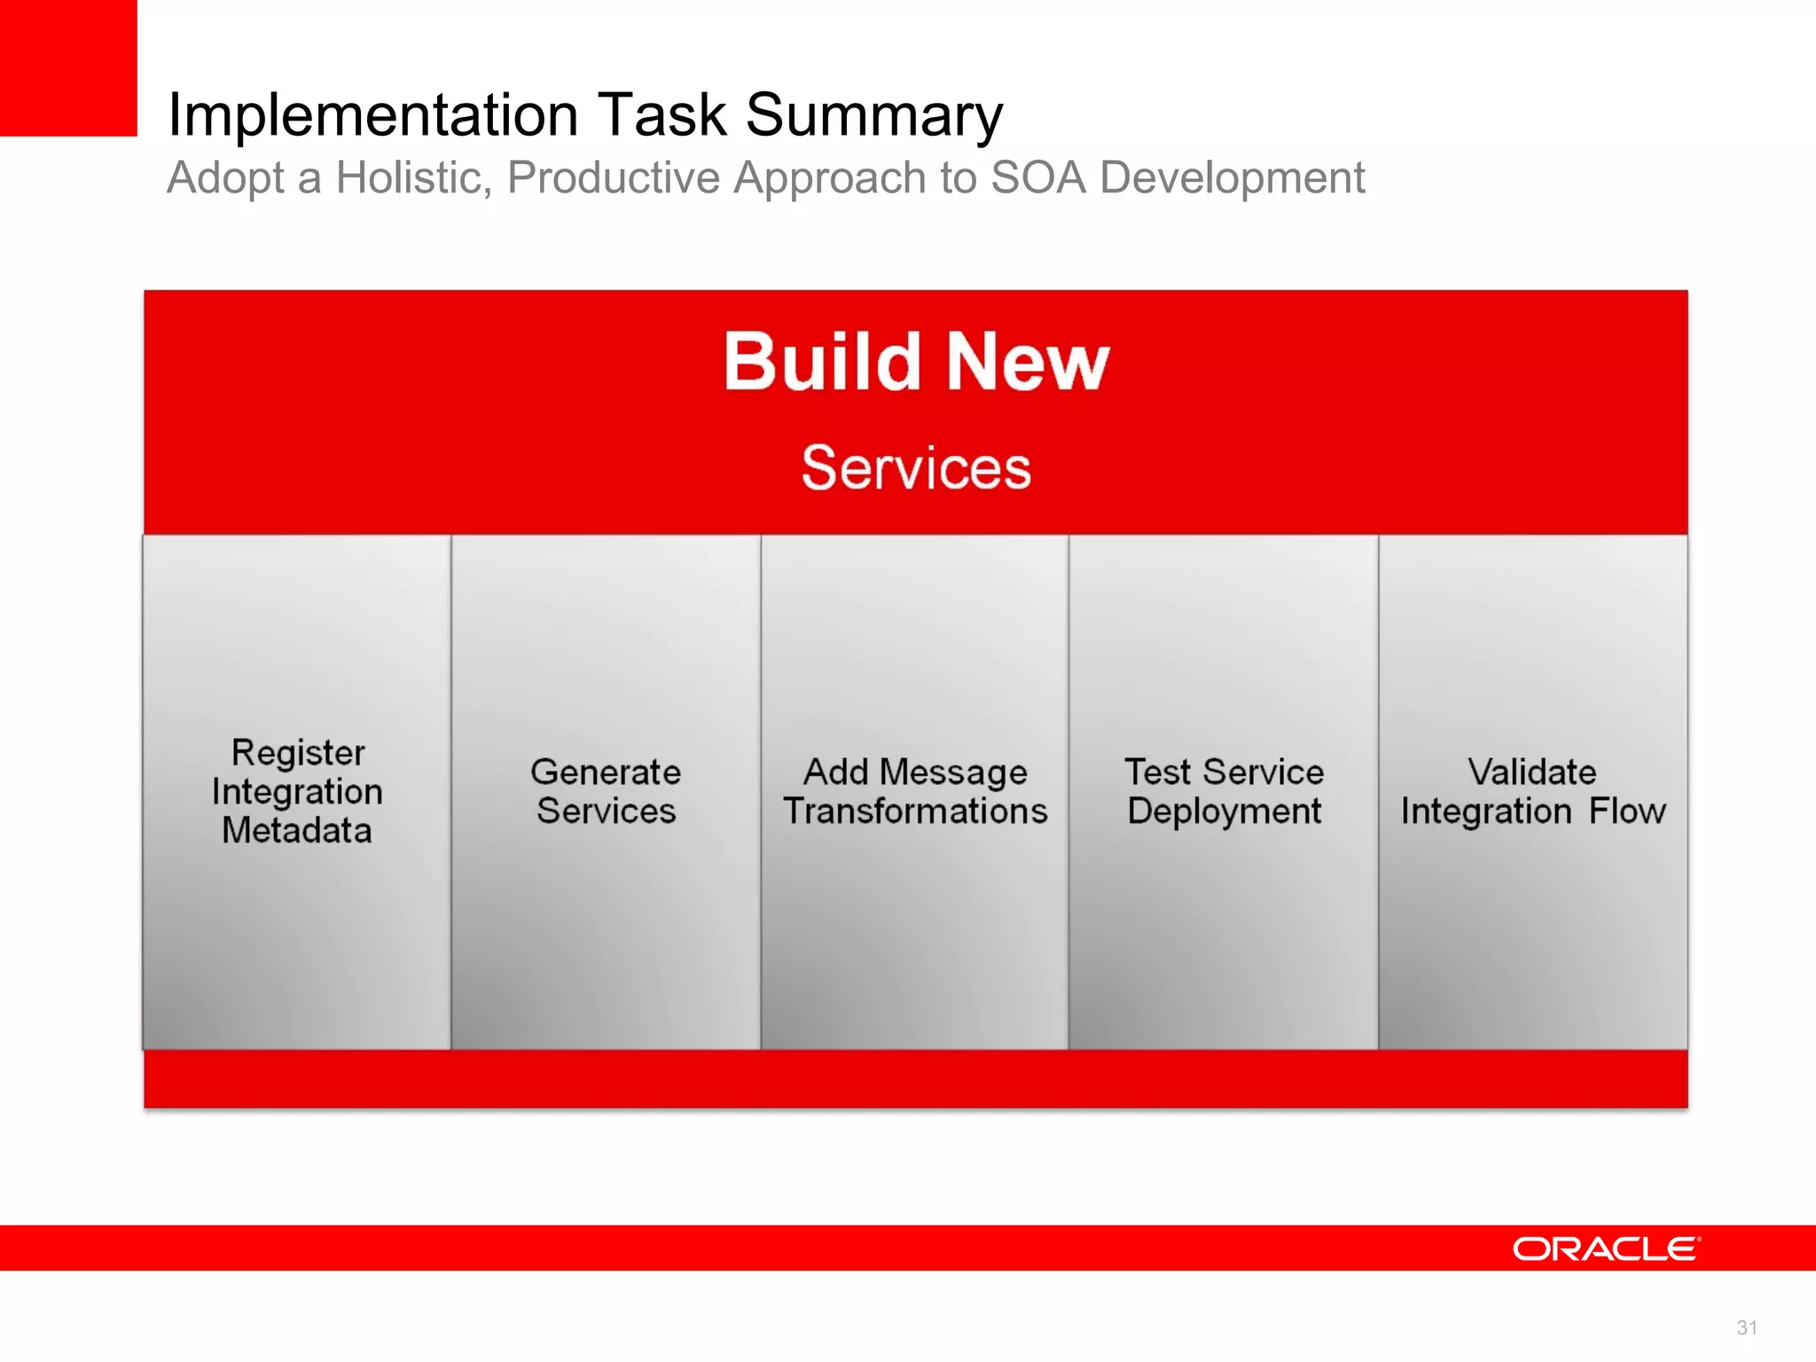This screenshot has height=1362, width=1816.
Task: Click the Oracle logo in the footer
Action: [1606, 1248]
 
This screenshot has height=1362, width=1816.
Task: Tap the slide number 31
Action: [1746, 1327]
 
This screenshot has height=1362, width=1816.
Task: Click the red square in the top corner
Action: [68, 67]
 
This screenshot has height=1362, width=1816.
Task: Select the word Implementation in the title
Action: [373, 115]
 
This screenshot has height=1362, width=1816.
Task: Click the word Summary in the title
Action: [873, 115]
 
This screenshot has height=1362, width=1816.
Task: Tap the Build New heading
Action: [916, 361]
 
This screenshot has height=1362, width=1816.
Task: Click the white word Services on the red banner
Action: [916, 467]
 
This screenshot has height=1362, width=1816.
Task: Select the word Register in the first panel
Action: [298, 753]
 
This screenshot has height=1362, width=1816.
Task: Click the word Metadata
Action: [296, 830]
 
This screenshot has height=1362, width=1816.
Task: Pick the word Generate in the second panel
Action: [606, 771]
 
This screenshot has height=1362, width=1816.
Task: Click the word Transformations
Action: [915, 810]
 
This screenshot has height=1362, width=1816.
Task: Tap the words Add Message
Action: [915, 771]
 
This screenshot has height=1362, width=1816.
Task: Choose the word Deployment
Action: [1224, 811]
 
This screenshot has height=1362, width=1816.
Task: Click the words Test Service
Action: [1224, 771]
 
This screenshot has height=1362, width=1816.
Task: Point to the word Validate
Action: [1531, 771]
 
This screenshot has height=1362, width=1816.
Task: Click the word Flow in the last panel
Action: [1627, 810]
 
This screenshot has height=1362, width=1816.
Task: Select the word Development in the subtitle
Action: [1232, 177]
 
